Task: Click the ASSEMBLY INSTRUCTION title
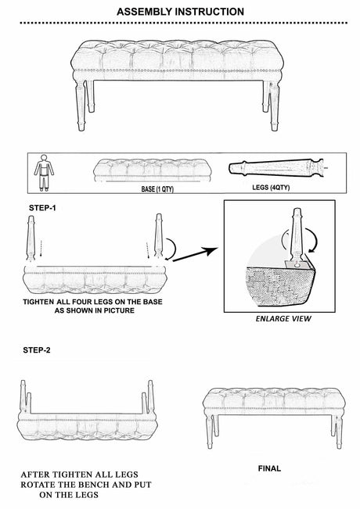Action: [180, 12]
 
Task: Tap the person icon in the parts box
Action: [44, 173]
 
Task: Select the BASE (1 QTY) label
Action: [157, 189]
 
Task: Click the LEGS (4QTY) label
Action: [271, 188]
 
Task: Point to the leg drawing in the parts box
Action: [277, 168]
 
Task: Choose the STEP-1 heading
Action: [42, 208]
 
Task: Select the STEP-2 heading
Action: [37, 350]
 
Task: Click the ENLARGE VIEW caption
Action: [283, 319]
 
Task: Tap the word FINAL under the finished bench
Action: [269, 468]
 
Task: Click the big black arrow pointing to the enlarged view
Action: [195, 254]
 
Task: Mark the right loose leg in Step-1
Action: [158, 236]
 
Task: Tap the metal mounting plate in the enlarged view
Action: [297, 265]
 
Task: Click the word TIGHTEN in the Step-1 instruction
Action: [38, 302]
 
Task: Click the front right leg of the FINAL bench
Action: [339, 432]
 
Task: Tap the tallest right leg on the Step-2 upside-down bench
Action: [150, 396]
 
